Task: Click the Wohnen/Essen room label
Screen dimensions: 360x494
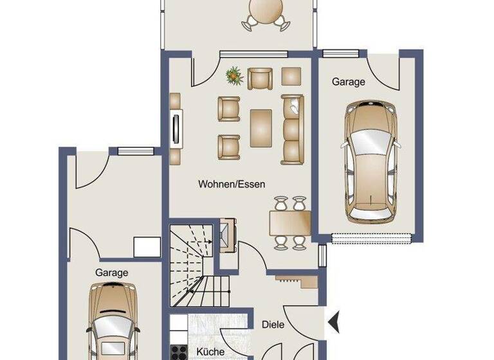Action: (x=232, y=184)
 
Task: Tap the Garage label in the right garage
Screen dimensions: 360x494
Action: (x=348, y=82)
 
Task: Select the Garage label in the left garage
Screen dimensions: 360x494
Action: (x=112, y=273)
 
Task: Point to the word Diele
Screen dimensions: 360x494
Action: (x=273, y=325)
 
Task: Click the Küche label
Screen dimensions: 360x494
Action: (x=210, y=352)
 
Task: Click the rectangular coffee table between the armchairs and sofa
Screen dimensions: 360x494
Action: (x=261, y=127)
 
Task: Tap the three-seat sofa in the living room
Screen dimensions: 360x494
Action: (x=292, y=128)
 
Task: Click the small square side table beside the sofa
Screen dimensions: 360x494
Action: (x=291, y=76)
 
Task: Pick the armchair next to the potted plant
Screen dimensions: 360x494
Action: (x=259, y=78)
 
